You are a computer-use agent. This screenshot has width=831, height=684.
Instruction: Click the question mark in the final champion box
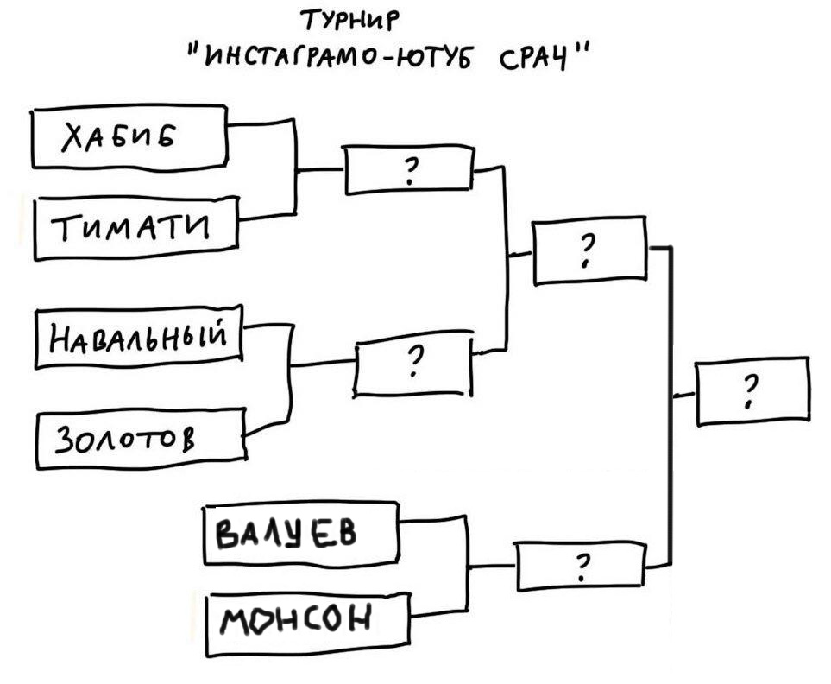[750, 391]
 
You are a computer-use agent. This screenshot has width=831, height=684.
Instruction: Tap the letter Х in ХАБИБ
[75, 138]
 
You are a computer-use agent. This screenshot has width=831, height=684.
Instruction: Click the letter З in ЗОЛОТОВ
[64, 440]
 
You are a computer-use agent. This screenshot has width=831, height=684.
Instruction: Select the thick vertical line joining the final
[671, 406]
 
